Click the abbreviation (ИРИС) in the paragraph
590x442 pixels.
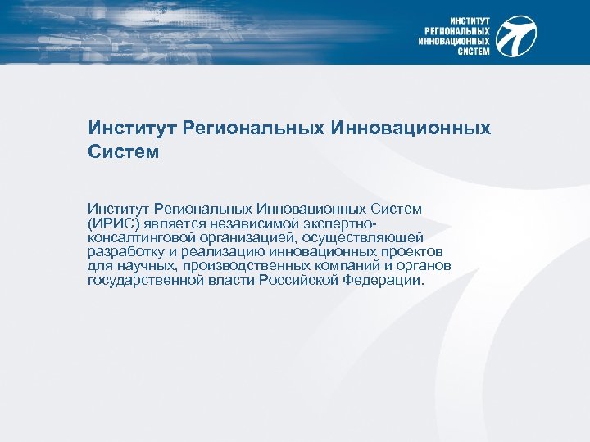[114, 223]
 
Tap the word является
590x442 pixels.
[177, 223]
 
